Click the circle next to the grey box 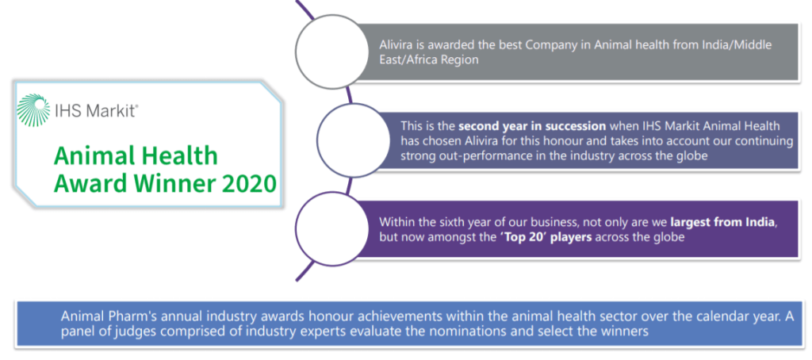327,52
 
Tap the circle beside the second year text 349,138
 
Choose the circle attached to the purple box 327,228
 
